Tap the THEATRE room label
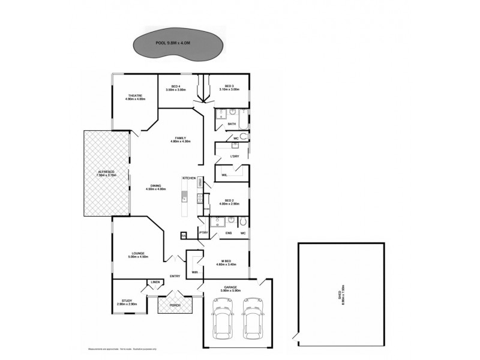coord(134,97)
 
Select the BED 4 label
coord(176,88)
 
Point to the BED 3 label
coord(229,88)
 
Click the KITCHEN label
coord(190,178)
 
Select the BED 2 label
coord(229,202)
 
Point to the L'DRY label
coord(235,157)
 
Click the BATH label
coord(232,124)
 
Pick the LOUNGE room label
coord(138,254)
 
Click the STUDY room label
coord(127,302)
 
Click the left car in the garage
coord(221,322)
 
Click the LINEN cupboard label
coord(155,282)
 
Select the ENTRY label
coord(175,276)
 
